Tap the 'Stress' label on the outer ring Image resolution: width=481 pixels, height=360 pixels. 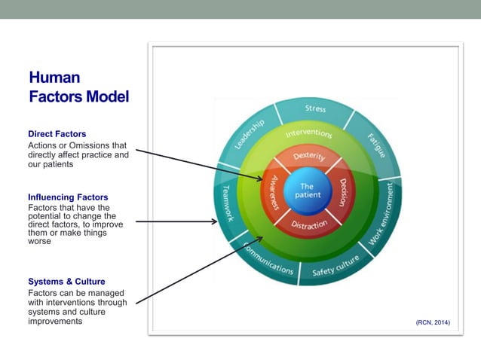click(x=315, y=109)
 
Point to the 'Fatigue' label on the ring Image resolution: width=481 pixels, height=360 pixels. click(x=376, y=145)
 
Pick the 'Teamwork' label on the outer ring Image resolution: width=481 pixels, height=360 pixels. click(x=226, y=203)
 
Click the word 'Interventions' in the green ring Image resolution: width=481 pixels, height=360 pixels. click(x=308, y=134)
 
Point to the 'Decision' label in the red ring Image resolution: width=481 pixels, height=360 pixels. click(x=343, y=192)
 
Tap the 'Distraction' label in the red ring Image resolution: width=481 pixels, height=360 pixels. click(x=310, y=224)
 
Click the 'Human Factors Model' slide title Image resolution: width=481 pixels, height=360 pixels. click(x=78, y=87)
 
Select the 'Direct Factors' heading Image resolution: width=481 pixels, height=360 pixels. click(x=57, y=134)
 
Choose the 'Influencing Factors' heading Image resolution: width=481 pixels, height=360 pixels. click(x=68, y=197)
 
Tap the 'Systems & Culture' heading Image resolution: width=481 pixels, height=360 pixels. click(x=66, y=282)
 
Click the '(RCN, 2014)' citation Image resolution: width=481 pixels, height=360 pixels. click(x=432, y=322)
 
